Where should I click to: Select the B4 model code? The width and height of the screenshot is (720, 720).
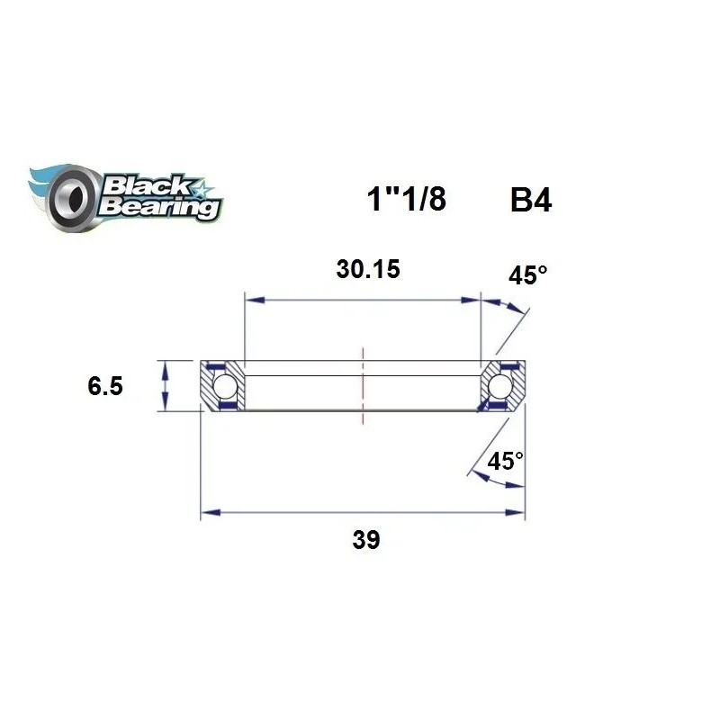coord(530,201)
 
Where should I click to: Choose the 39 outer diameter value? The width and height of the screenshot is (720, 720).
coord(366,540)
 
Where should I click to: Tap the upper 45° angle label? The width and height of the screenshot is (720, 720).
coord(527,275)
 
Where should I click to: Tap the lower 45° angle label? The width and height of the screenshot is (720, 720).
coord(505,462)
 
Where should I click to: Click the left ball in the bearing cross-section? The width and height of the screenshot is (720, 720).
coord(224,387)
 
